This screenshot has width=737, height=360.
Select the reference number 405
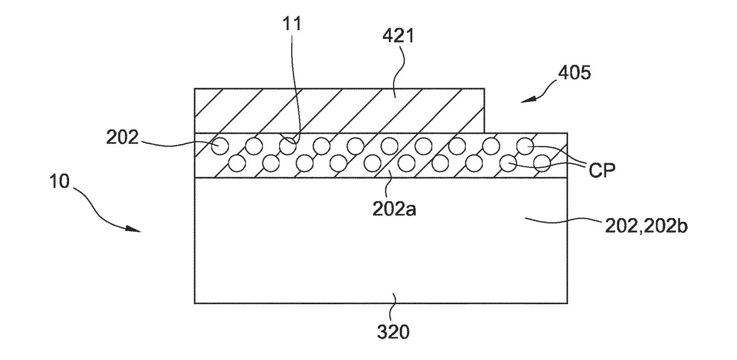[573, 73]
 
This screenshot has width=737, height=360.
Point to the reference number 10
[61, 182]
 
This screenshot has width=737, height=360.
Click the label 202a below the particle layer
[394, 209]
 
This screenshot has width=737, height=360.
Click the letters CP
[601, 170]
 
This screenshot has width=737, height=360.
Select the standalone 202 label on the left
[123, 137]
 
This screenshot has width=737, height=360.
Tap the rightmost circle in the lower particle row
[541, 163]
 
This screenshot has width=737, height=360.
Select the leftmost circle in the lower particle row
[237, 163]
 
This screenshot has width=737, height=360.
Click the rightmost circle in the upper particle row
[525, 146]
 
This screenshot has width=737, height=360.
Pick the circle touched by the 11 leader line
[288, 146]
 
